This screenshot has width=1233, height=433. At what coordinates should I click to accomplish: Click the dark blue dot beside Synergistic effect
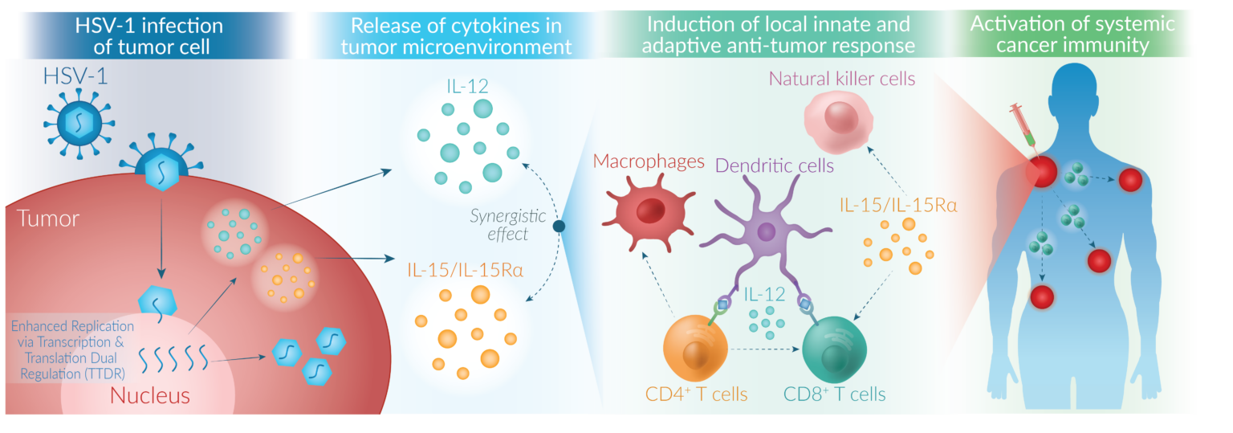560,227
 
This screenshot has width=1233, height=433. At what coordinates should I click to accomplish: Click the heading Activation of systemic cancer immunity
1072,35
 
